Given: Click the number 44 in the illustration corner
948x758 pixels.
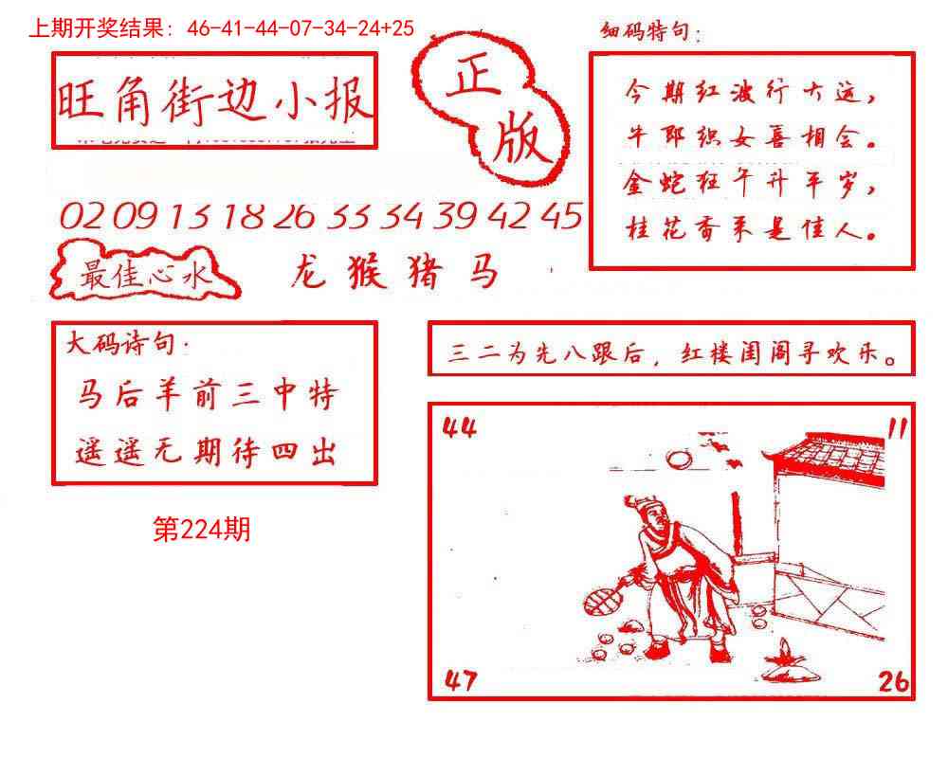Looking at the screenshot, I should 460,429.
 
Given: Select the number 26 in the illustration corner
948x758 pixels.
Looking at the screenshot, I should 892,679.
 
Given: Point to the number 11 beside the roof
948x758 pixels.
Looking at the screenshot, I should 896,429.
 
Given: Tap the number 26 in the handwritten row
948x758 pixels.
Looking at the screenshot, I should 293,217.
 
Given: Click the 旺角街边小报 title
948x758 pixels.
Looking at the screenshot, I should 214,100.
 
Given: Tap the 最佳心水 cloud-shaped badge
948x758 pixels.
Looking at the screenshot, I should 145,276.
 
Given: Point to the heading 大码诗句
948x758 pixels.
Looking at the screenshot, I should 127,344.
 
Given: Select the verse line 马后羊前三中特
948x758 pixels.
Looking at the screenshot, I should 207,395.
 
